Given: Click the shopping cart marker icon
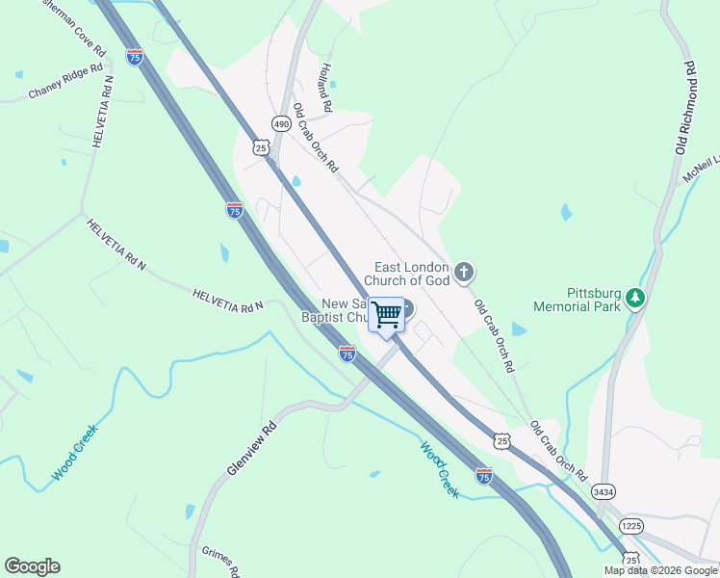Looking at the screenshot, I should point(386,314).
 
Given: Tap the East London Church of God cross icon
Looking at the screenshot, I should point(464,273).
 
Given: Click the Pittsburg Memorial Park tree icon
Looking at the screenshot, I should point(634,299).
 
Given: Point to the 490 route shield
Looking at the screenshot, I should point(280,124).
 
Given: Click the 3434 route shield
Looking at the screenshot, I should point(604,491).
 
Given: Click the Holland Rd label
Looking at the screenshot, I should point(326,87).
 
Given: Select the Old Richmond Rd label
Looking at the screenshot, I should point(685,108).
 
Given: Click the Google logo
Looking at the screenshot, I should point(32,566).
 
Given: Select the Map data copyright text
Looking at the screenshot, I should point(660,570).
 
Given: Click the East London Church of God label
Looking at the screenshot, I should point(412,274).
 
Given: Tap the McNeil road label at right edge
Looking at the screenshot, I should point(701,171).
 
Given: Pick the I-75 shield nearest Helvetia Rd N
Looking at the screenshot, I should point(235,209).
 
